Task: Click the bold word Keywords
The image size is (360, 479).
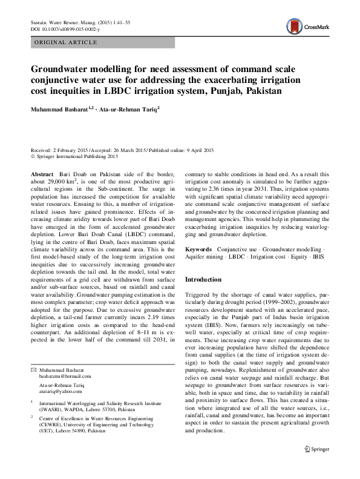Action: click(198, 249)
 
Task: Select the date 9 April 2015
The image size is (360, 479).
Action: click(189, 150)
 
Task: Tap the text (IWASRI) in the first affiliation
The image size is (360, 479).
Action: click(53, 409)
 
